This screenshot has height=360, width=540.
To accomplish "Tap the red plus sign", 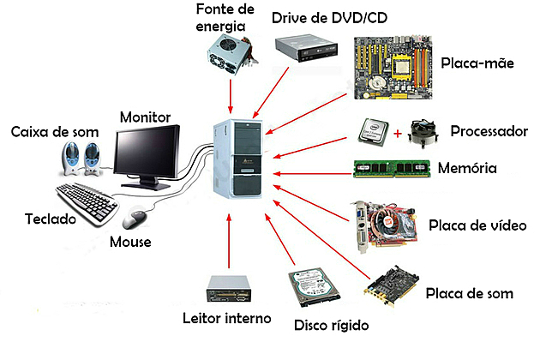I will coord(398,134).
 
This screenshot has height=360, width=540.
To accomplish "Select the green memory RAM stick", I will coord(391,167).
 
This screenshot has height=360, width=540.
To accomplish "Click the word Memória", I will coord(467,167).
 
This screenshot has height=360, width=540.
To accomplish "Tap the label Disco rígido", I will coord(331,326).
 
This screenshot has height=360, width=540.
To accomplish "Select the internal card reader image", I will coord(231,289).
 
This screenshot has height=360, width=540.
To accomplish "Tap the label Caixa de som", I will coord(54,133).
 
